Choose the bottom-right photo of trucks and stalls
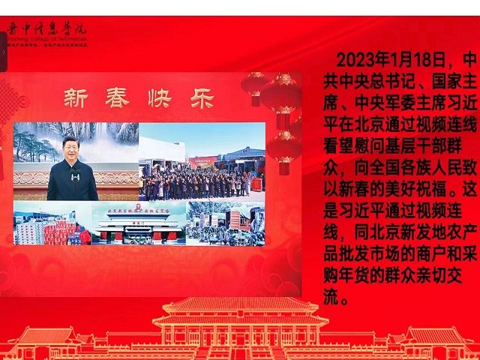[225, 223]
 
